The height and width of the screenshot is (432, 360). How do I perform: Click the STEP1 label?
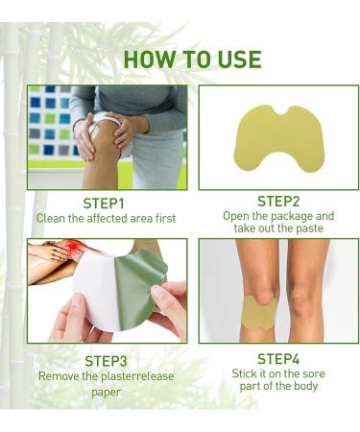coord(105,204)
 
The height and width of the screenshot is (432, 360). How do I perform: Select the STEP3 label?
coord(106,361)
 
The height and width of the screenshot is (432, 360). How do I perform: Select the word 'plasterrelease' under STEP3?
coord(126,375)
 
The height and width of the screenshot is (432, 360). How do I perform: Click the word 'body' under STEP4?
coord(305,387)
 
